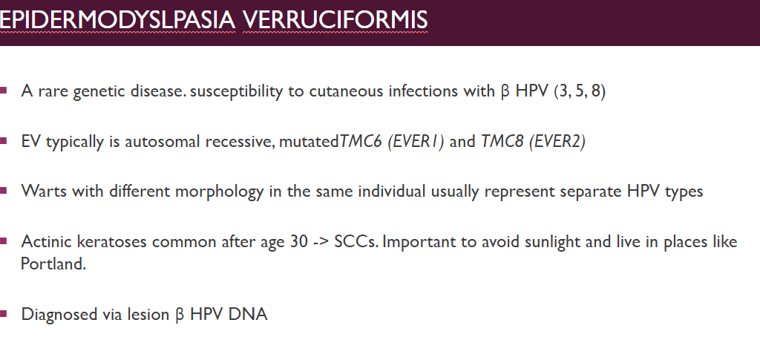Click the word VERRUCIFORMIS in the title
[335, 20]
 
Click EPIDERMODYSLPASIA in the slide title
[118, 20]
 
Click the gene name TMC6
[361, 142]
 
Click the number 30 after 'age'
[299, 241]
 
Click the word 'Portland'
[53, 264]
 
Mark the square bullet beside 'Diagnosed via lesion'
[4, 314]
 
